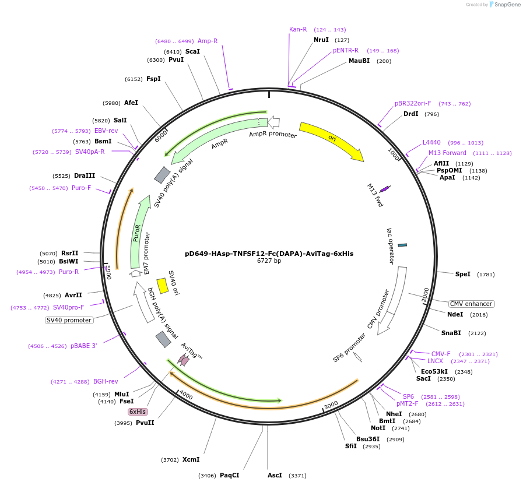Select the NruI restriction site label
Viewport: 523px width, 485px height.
tap(321, 40)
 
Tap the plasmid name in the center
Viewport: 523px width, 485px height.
tap(269, 254)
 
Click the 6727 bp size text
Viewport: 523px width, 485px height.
tap(269, 261)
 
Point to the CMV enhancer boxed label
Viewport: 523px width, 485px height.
tap(471, 304)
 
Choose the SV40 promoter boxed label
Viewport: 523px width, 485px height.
tap(69, 320)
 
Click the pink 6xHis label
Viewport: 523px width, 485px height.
tap(138, 412)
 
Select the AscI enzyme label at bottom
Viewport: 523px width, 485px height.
tap(275, 475)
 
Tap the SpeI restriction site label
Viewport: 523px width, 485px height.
tap(462, 274)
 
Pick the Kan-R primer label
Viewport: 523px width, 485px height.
tap(298, 29)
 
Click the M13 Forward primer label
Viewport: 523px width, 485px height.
tap(447, 153)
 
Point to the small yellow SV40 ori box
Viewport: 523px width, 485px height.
tap(163, 286)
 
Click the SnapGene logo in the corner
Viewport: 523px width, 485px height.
tap(501, 5)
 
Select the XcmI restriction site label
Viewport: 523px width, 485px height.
tap(191, 459)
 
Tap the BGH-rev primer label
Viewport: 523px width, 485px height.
tap(106, 381)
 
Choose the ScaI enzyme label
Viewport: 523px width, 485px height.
tap(192, 51)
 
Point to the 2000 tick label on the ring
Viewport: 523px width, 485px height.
tap(426, 294)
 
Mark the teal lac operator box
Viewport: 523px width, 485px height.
tap(402, 245)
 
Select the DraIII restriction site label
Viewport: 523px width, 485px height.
tap(85, 175)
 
